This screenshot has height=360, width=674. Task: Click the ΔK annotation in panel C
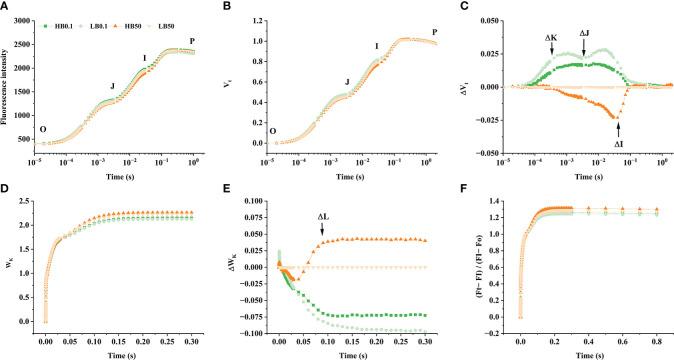(x=551, y=38)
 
